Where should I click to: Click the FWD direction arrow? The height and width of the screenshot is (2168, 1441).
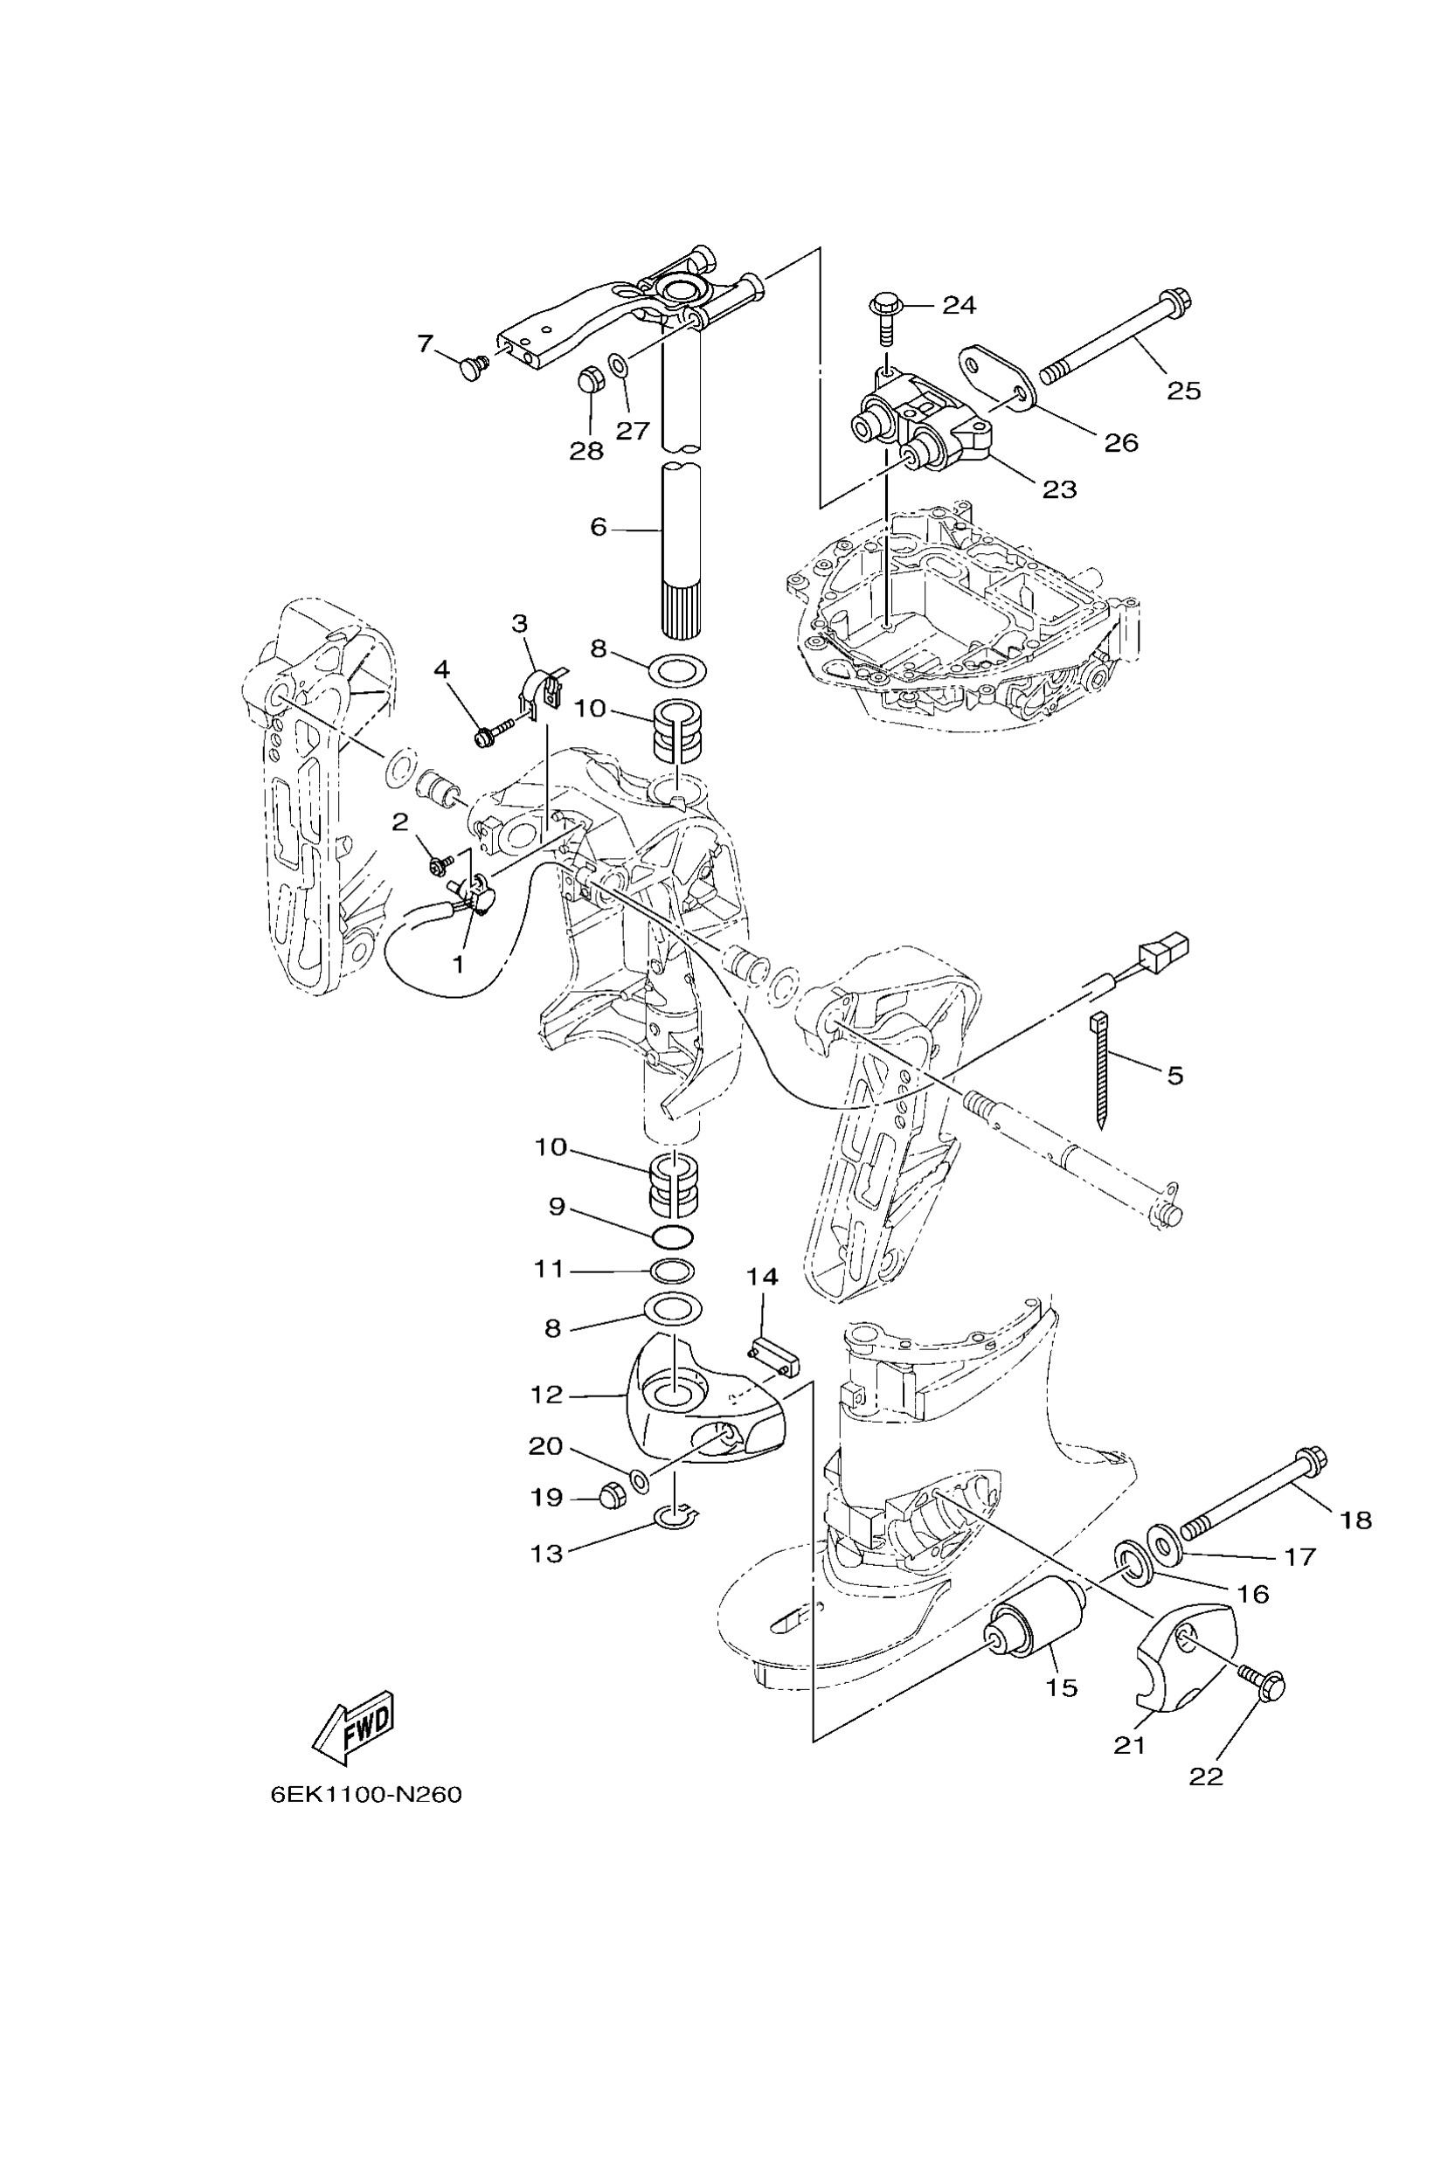[x=355, y=1728]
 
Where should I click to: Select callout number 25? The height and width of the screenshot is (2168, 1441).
[x=1184, y=391]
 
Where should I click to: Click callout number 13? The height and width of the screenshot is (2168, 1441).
[x=547, y=1553]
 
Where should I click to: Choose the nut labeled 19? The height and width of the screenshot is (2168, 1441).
[x=611, y=1495]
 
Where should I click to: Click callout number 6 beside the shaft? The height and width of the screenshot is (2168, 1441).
[x=599, y=528]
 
